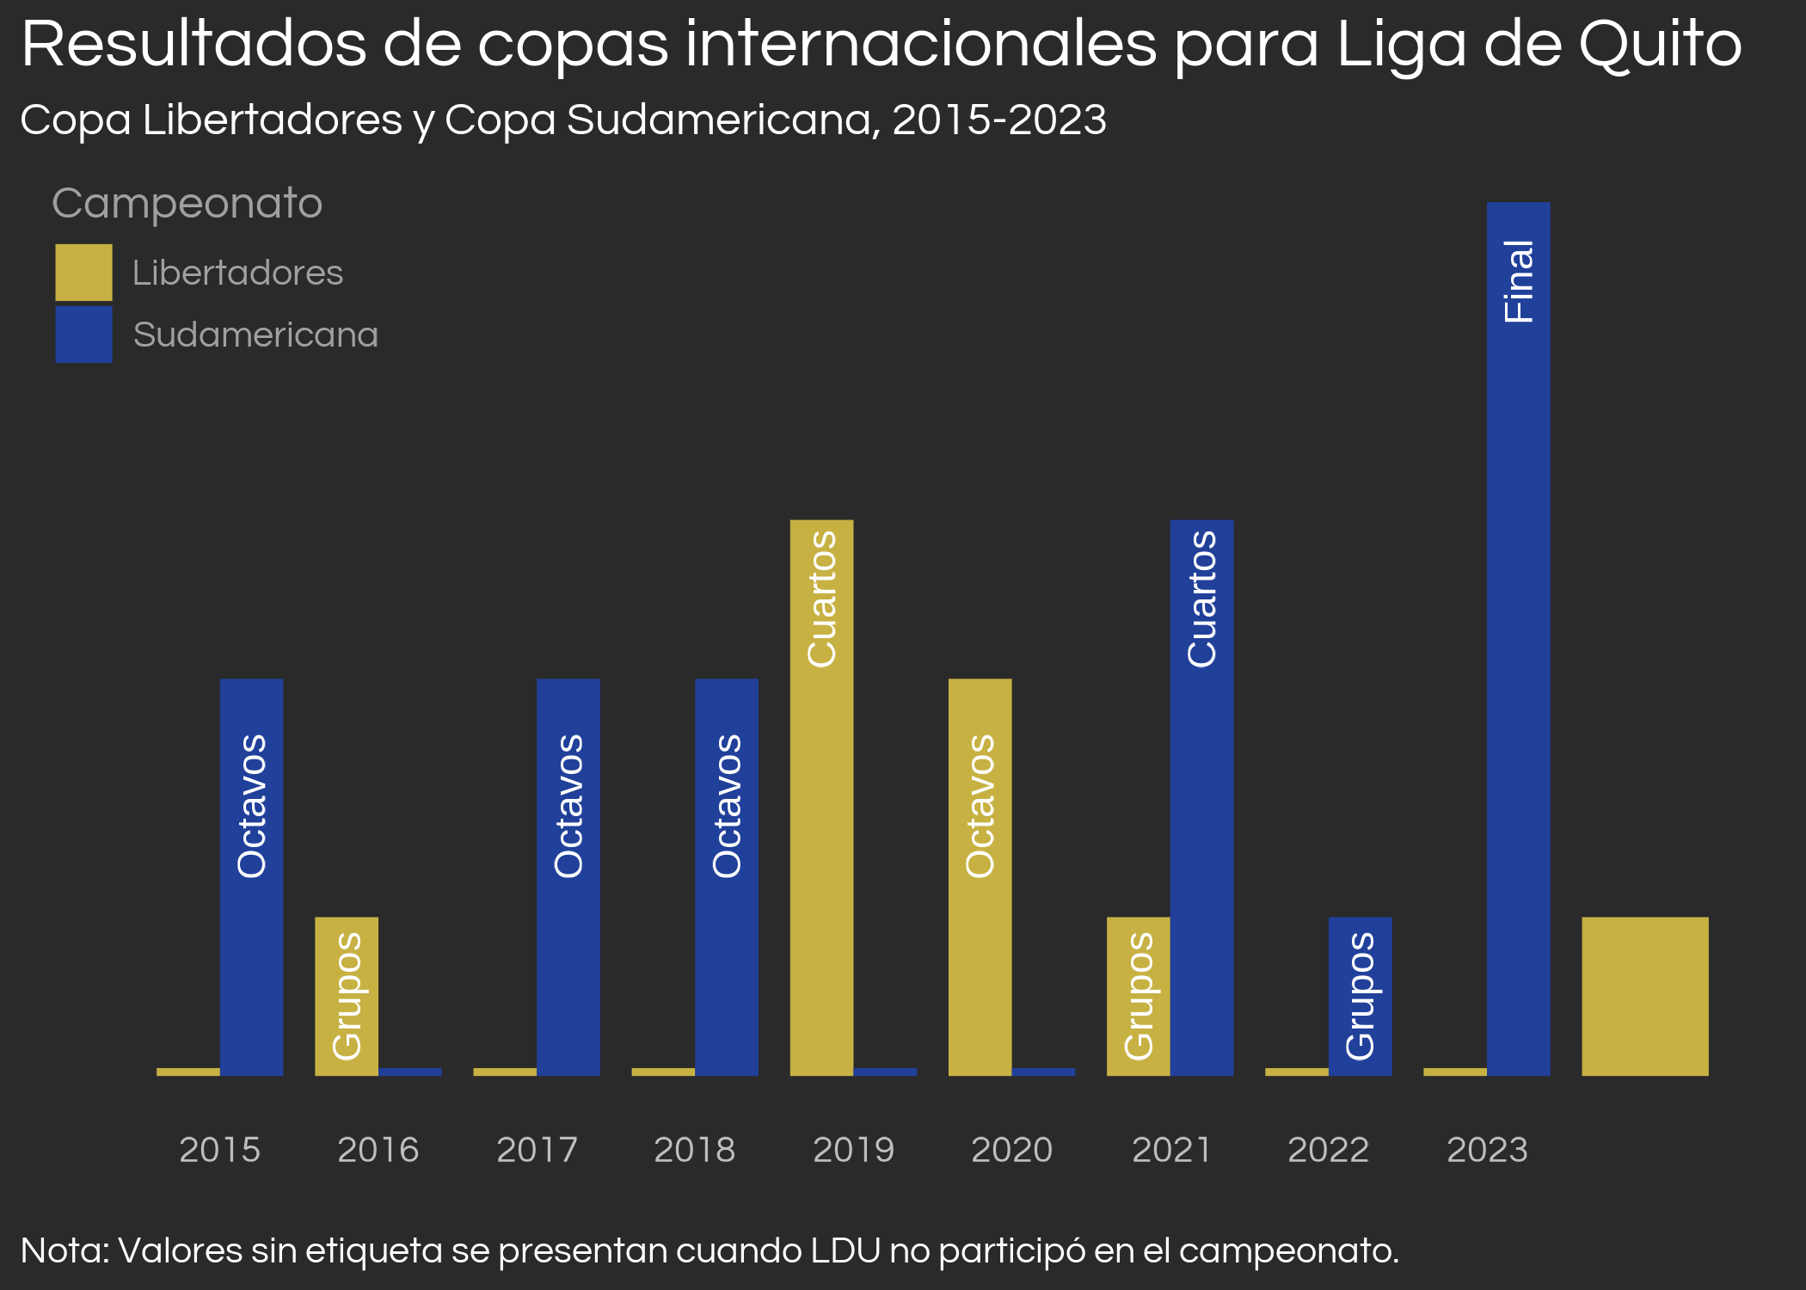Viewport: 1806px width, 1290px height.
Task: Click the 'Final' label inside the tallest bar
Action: [1519, 281]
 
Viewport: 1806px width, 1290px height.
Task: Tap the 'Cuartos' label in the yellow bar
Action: [822, 599]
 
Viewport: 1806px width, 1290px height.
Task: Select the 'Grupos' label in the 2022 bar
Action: [1360, 996]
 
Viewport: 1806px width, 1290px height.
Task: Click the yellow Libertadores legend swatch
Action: [83, 273]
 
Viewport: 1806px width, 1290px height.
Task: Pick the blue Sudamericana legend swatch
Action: [83, 335]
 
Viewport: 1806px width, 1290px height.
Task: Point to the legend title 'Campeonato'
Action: [187, 204]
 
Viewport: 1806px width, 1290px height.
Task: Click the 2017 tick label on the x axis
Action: [537, 1150]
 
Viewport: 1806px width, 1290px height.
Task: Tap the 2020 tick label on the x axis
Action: [1011, 1150]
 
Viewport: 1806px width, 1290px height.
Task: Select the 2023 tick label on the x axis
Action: [1487, 1150]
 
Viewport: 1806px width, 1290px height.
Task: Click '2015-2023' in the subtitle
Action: [998, 120]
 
